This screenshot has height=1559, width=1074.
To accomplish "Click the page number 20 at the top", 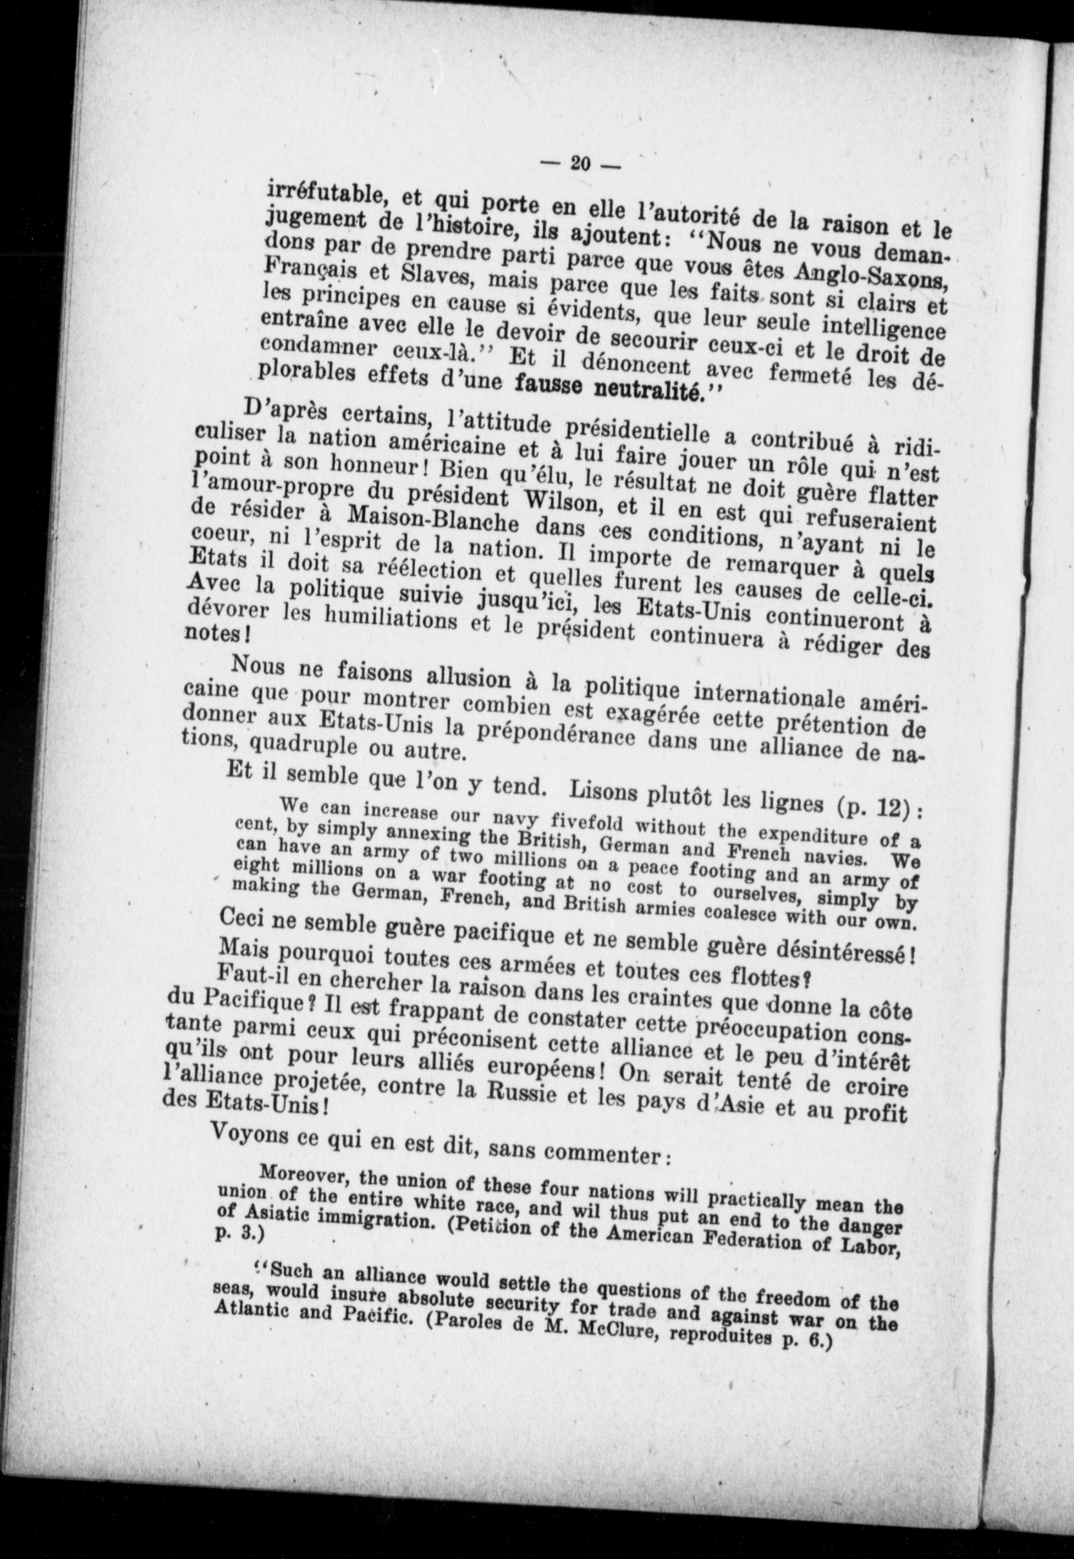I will tap(580, 163).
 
